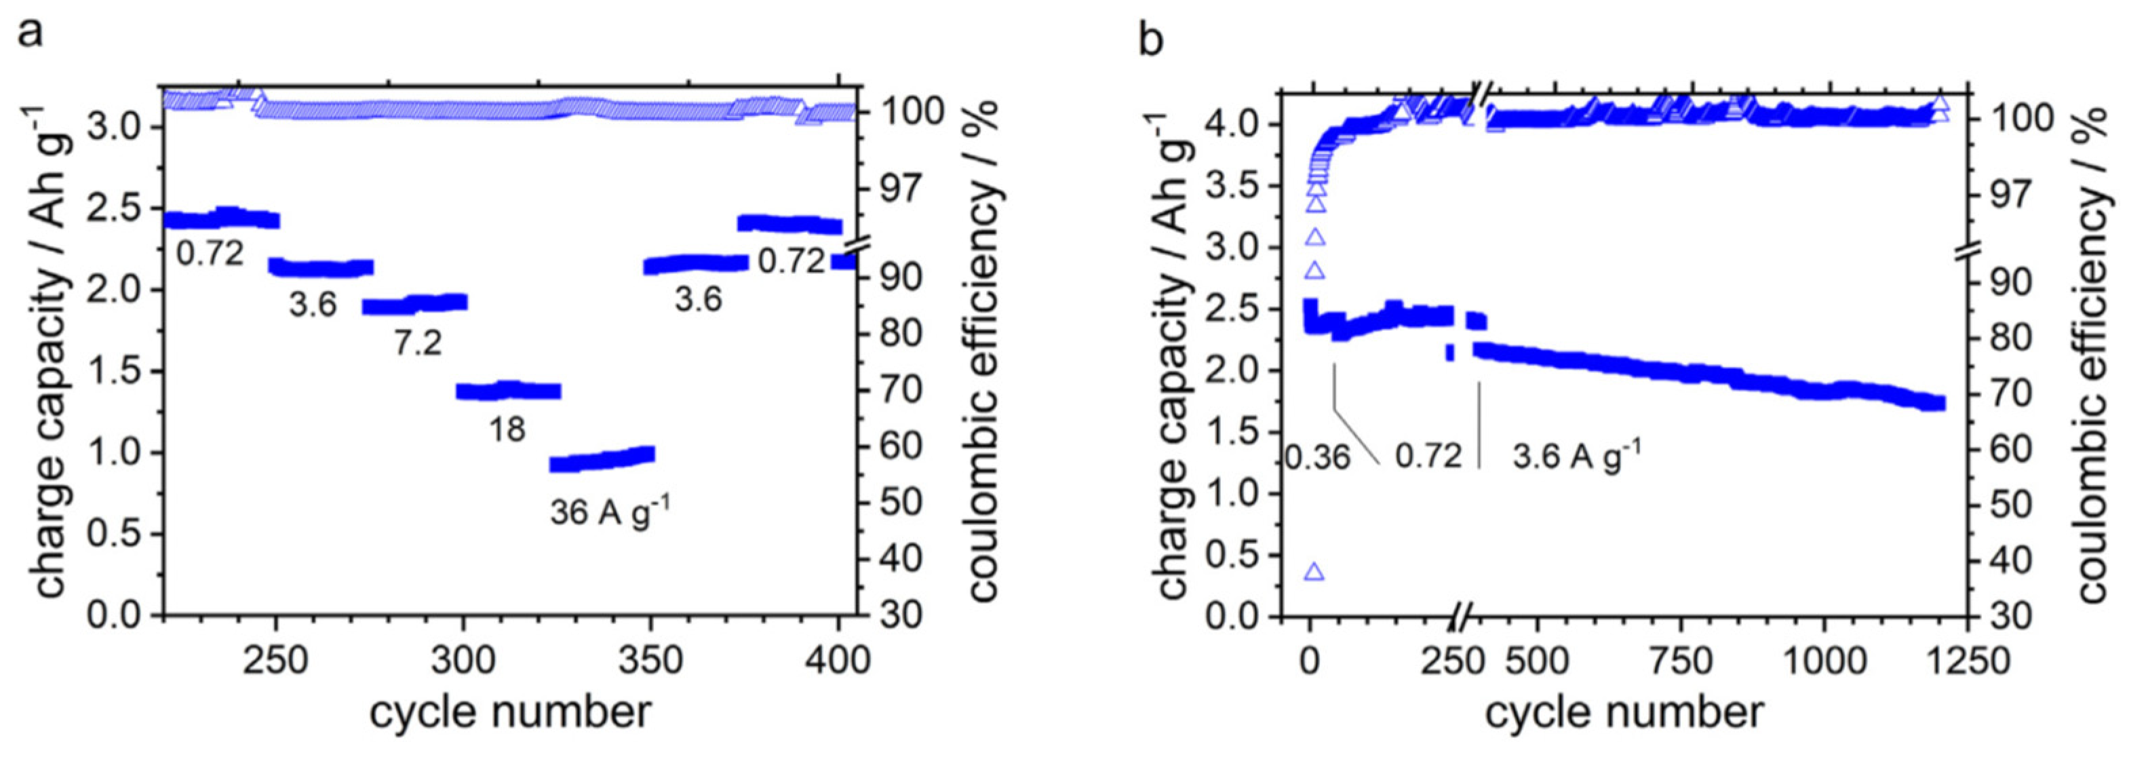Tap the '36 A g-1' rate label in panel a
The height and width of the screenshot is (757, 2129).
click(610, 511)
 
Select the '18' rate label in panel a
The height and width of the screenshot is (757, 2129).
click(507, 429)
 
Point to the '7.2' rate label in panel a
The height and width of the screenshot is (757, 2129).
click(417, 341)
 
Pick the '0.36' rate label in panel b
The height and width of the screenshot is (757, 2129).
click(1317, 457)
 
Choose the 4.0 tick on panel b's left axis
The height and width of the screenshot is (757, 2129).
click(1236, 125)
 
